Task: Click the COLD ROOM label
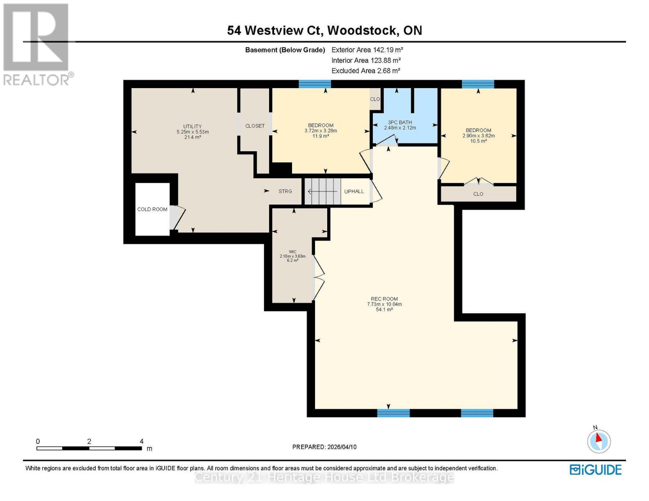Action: click(x=152, y=209)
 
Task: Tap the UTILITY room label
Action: click(x=192, y=127)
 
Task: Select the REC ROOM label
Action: click(x=384, y=299)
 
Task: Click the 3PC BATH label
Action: click(x=400, y=122)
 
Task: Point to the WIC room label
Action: click(x=293, y=252)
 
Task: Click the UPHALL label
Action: click(x=354, y=191)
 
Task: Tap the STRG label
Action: click(x=285, y=191)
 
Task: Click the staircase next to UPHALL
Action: click(x=322, y=191)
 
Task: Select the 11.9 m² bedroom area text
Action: click(x=321, y=136)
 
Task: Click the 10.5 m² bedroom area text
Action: click(x=478, y=141)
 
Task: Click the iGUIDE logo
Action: click(x=596, y=470)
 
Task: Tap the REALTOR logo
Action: click(x=37, y=44)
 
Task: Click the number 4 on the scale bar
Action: click(x=142, y=441)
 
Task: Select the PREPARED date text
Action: click(x=324, y=447)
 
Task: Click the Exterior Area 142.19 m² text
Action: click(x=367, y=50)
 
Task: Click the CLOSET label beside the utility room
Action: click(x=255, y=126)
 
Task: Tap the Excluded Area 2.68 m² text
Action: click(x=366, y=71)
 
